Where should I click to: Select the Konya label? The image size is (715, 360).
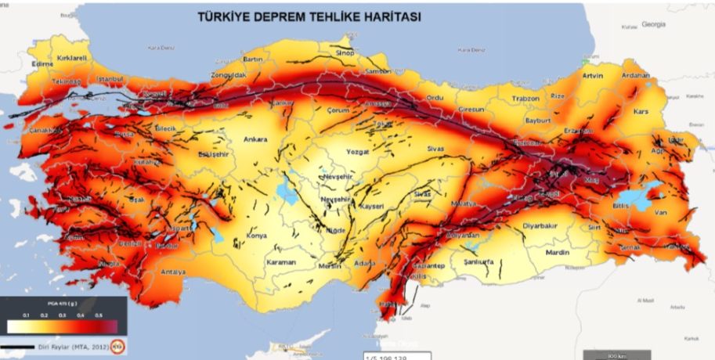click(256, 236)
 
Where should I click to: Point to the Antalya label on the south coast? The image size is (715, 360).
click(172, 272)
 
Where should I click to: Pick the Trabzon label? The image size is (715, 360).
click(526, 99)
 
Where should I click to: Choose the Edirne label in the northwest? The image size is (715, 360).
click(40, 64)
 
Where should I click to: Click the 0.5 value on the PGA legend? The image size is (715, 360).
click(98, 314)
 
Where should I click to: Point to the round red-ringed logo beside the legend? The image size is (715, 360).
click(118, 344)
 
